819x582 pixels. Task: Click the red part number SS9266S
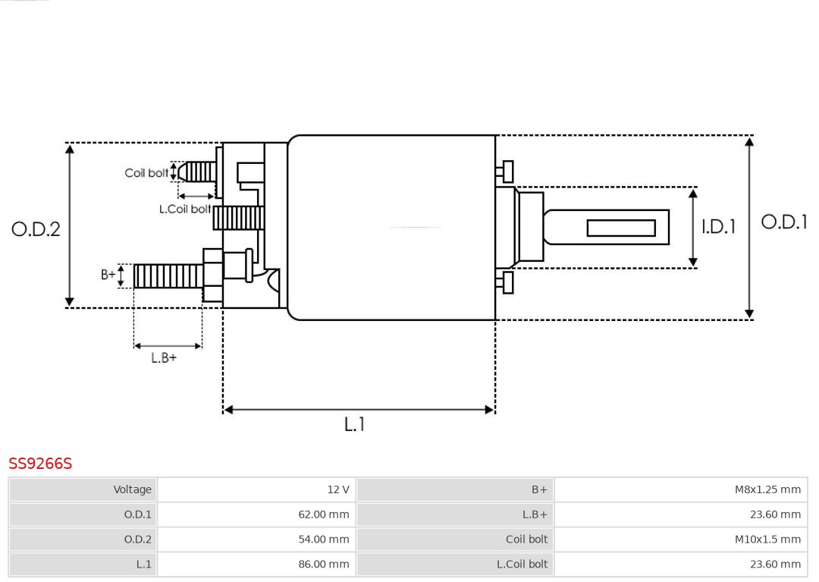pyautogui.click(x=40, y=464)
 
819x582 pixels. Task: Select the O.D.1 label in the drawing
pyautogui.click(x=784, y=222)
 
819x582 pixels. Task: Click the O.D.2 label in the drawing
pyautogui.click(x=36, y=228)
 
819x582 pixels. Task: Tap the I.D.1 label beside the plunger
pyautogui.click(x=717, y=226)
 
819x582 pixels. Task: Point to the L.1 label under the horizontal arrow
pyautogui.click(x=354, y=424)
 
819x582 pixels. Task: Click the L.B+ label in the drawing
pyautogui.click(x=164, y=357)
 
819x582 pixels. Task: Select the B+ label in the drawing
pyautogui.click(x=108, y=275)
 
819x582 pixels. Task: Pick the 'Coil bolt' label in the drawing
pyautogui.click(x=146, y=173)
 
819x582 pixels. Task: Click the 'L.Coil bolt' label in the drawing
pyautogui.click(x=184, y=209)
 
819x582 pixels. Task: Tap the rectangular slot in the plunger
pyautogui.click(x=620, y=228)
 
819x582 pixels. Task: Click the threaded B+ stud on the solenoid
pyautogui.click(x=168, y=276)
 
